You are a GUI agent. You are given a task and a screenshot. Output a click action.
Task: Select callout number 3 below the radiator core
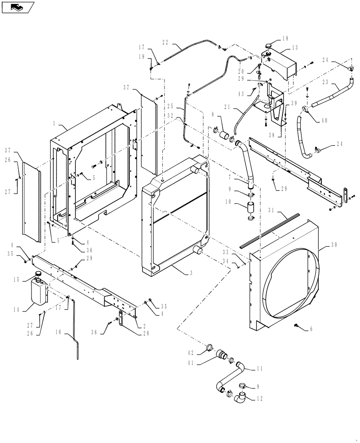(191, 273)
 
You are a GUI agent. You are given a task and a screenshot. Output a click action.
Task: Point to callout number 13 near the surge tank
(295, 48)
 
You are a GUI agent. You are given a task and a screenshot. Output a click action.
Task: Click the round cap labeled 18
(271, 46)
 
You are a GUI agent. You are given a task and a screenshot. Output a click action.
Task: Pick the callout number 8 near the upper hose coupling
(214, 114)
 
